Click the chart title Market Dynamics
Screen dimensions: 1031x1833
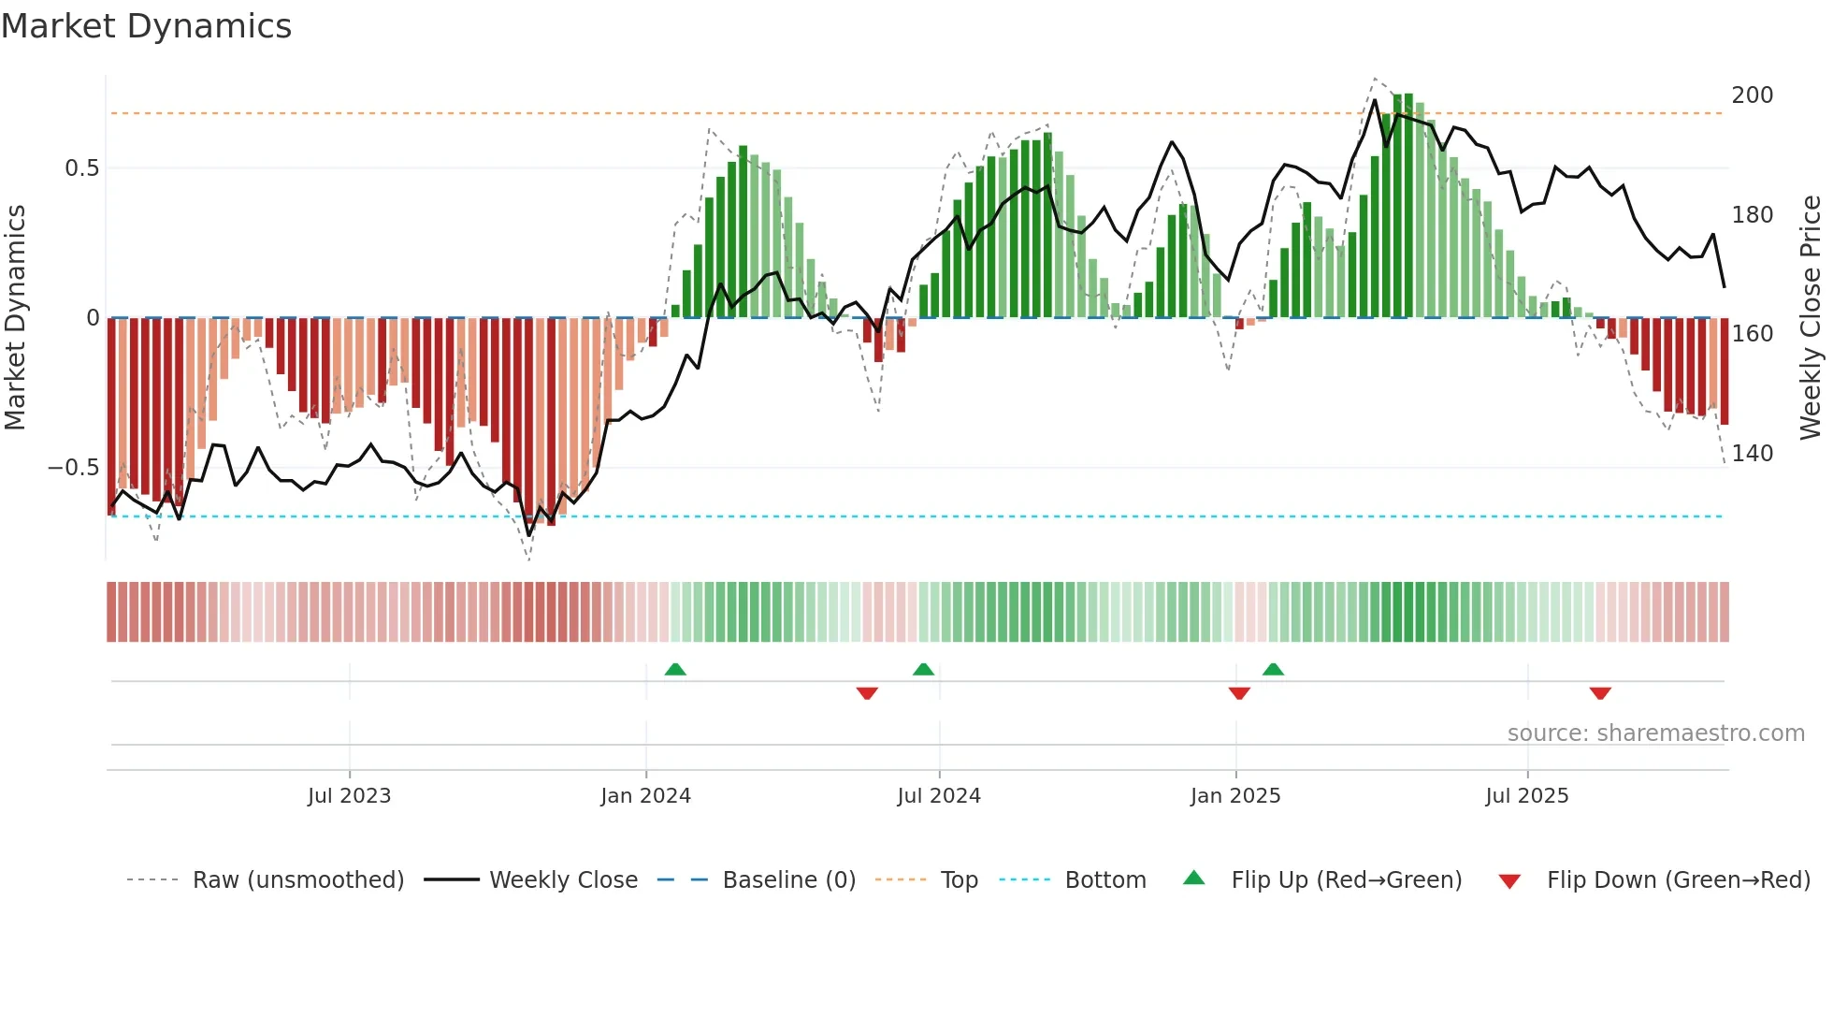pos(146,26)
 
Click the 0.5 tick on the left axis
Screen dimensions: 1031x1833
pos(81,168)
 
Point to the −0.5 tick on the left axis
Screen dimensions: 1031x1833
pos(73,468)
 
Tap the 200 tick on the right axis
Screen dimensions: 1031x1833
pos(1752,95)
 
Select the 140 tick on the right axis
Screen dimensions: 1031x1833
pos(1752,454)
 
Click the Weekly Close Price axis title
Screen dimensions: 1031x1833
pos(1811,318)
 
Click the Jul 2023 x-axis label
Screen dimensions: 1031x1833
pos(349,796)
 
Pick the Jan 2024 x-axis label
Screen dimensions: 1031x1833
pos(645,796)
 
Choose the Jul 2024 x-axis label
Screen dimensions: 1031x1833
pos(939,796)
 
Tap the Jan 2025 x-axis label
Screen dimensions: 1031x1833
pos(1235,796)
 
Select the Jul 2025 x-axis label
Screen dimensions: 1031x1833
pos(1527,796)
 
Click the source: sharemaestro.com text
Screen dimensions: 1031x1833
pos(1655,733)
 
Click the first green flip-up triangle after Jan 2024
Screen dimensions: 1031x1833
pos(675,669)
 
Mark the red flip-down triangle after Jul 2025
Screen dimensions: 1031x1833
pos(1600,693)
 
